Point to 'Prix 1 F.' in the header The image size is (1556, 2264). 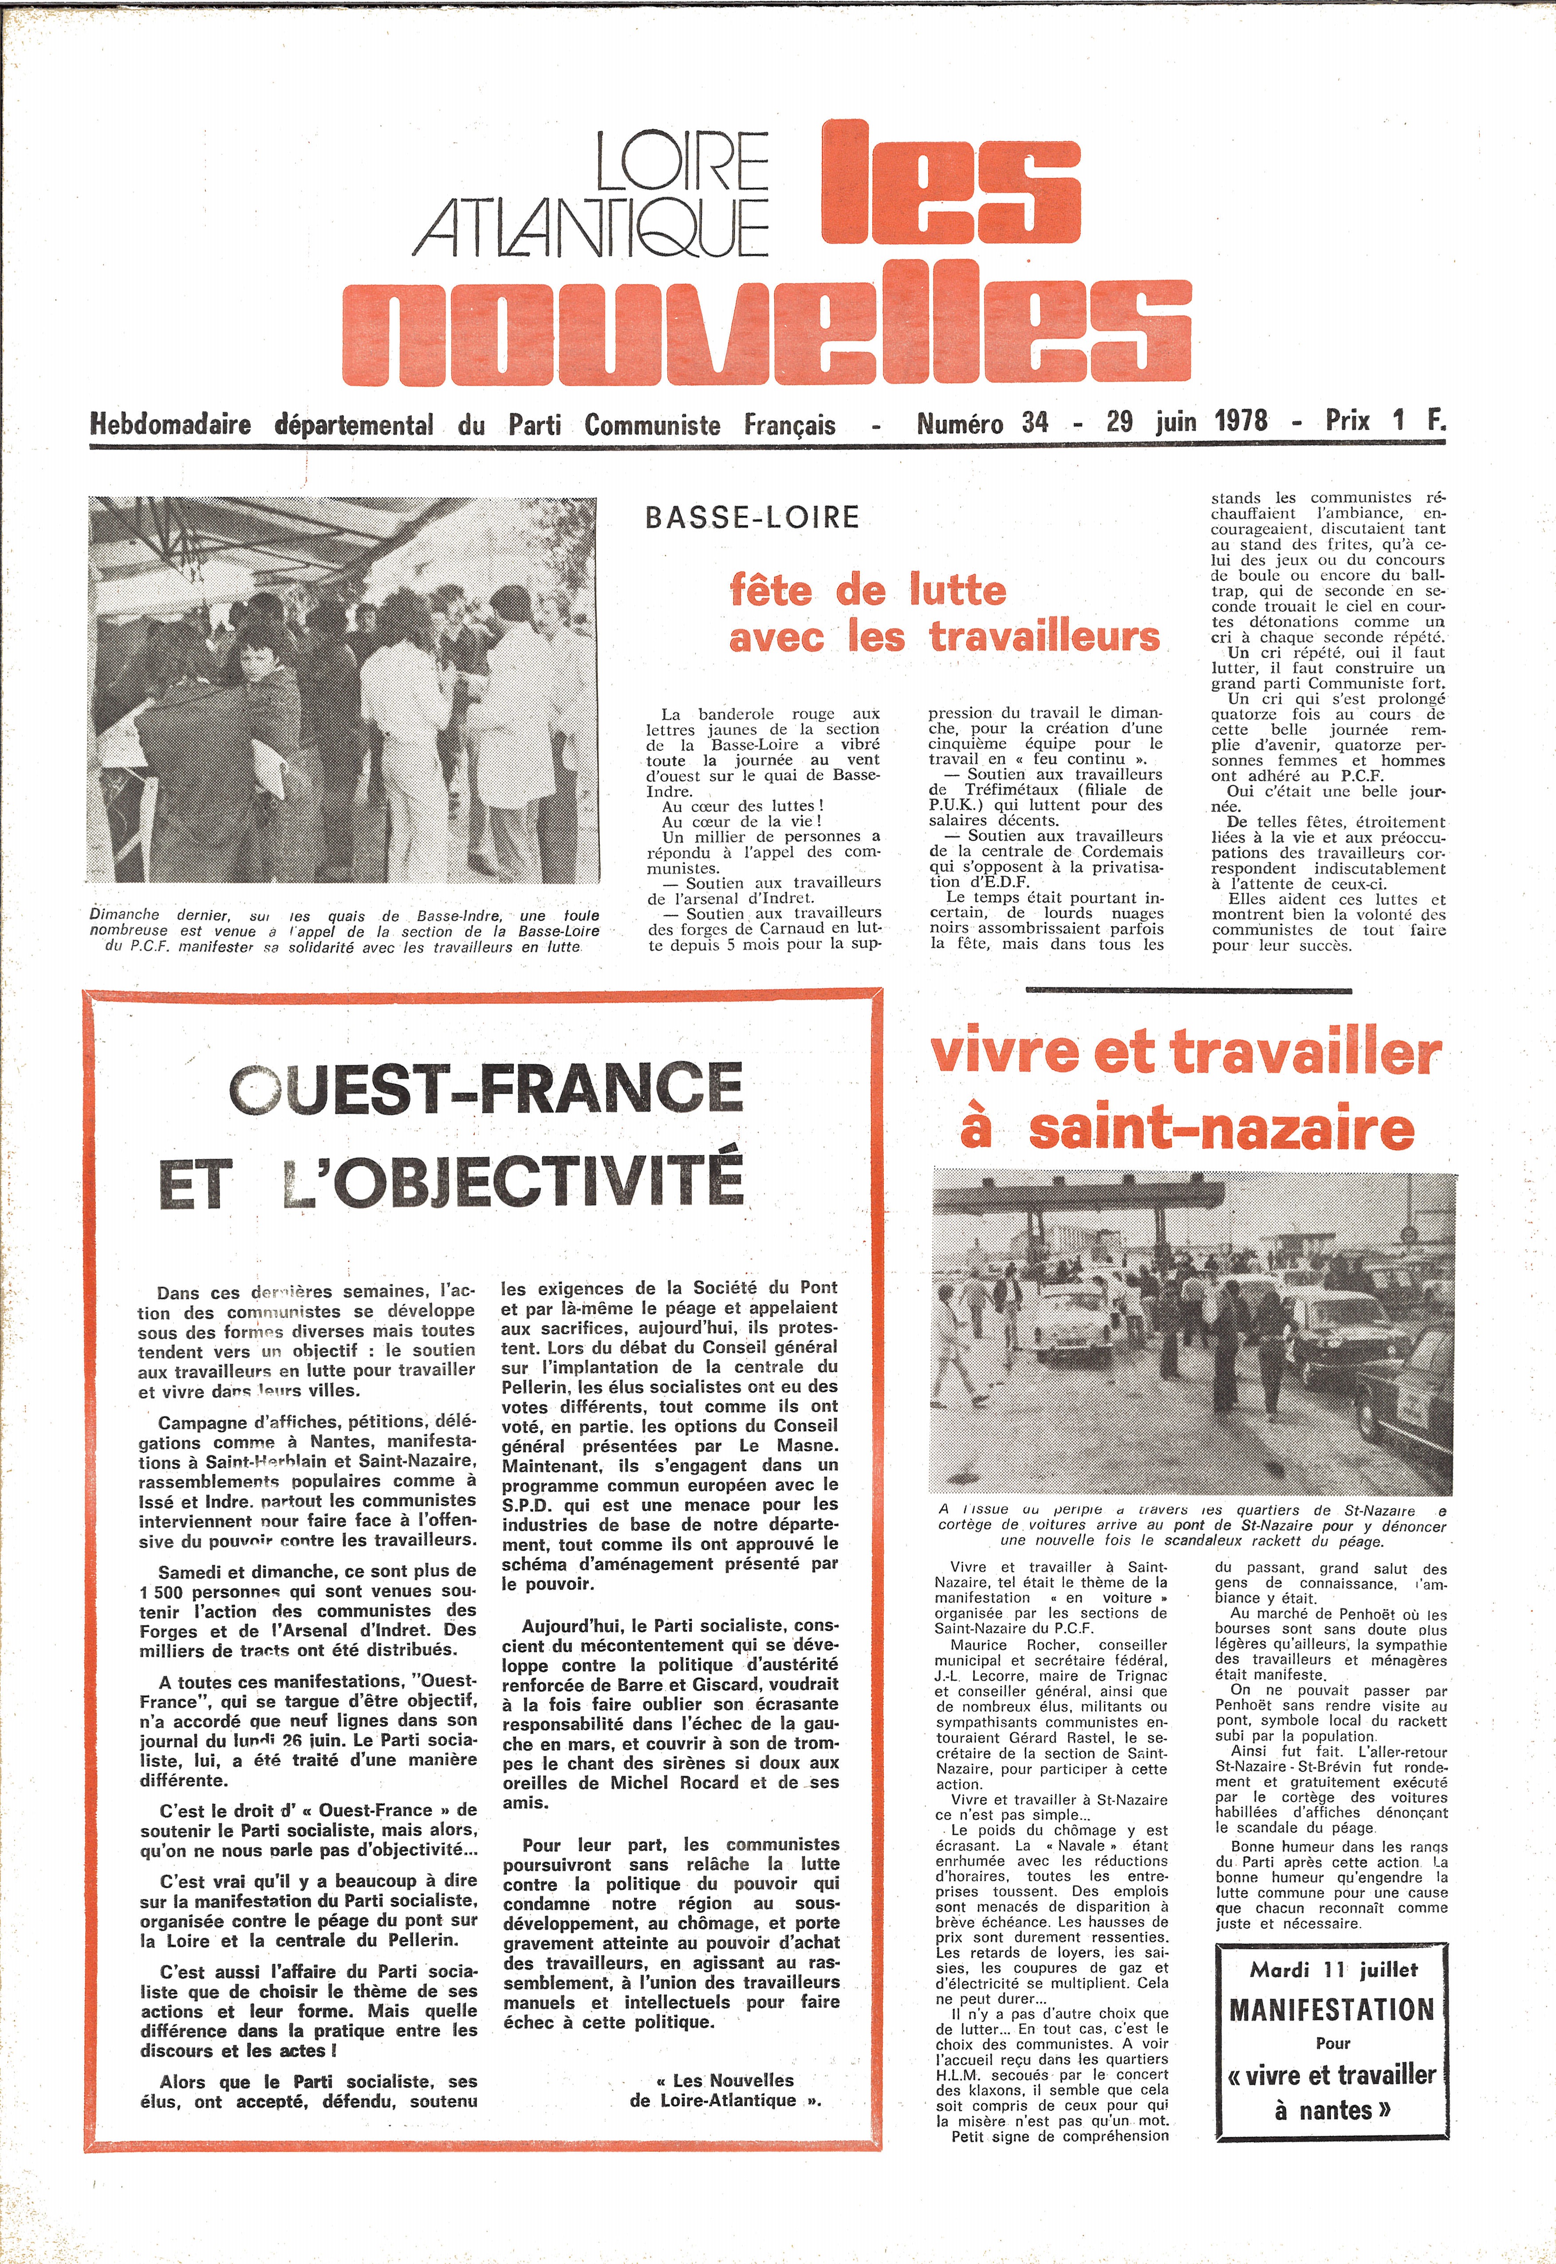coord(1384,421)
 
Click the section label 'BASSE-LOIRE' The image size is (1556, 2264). coord(752,517)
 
